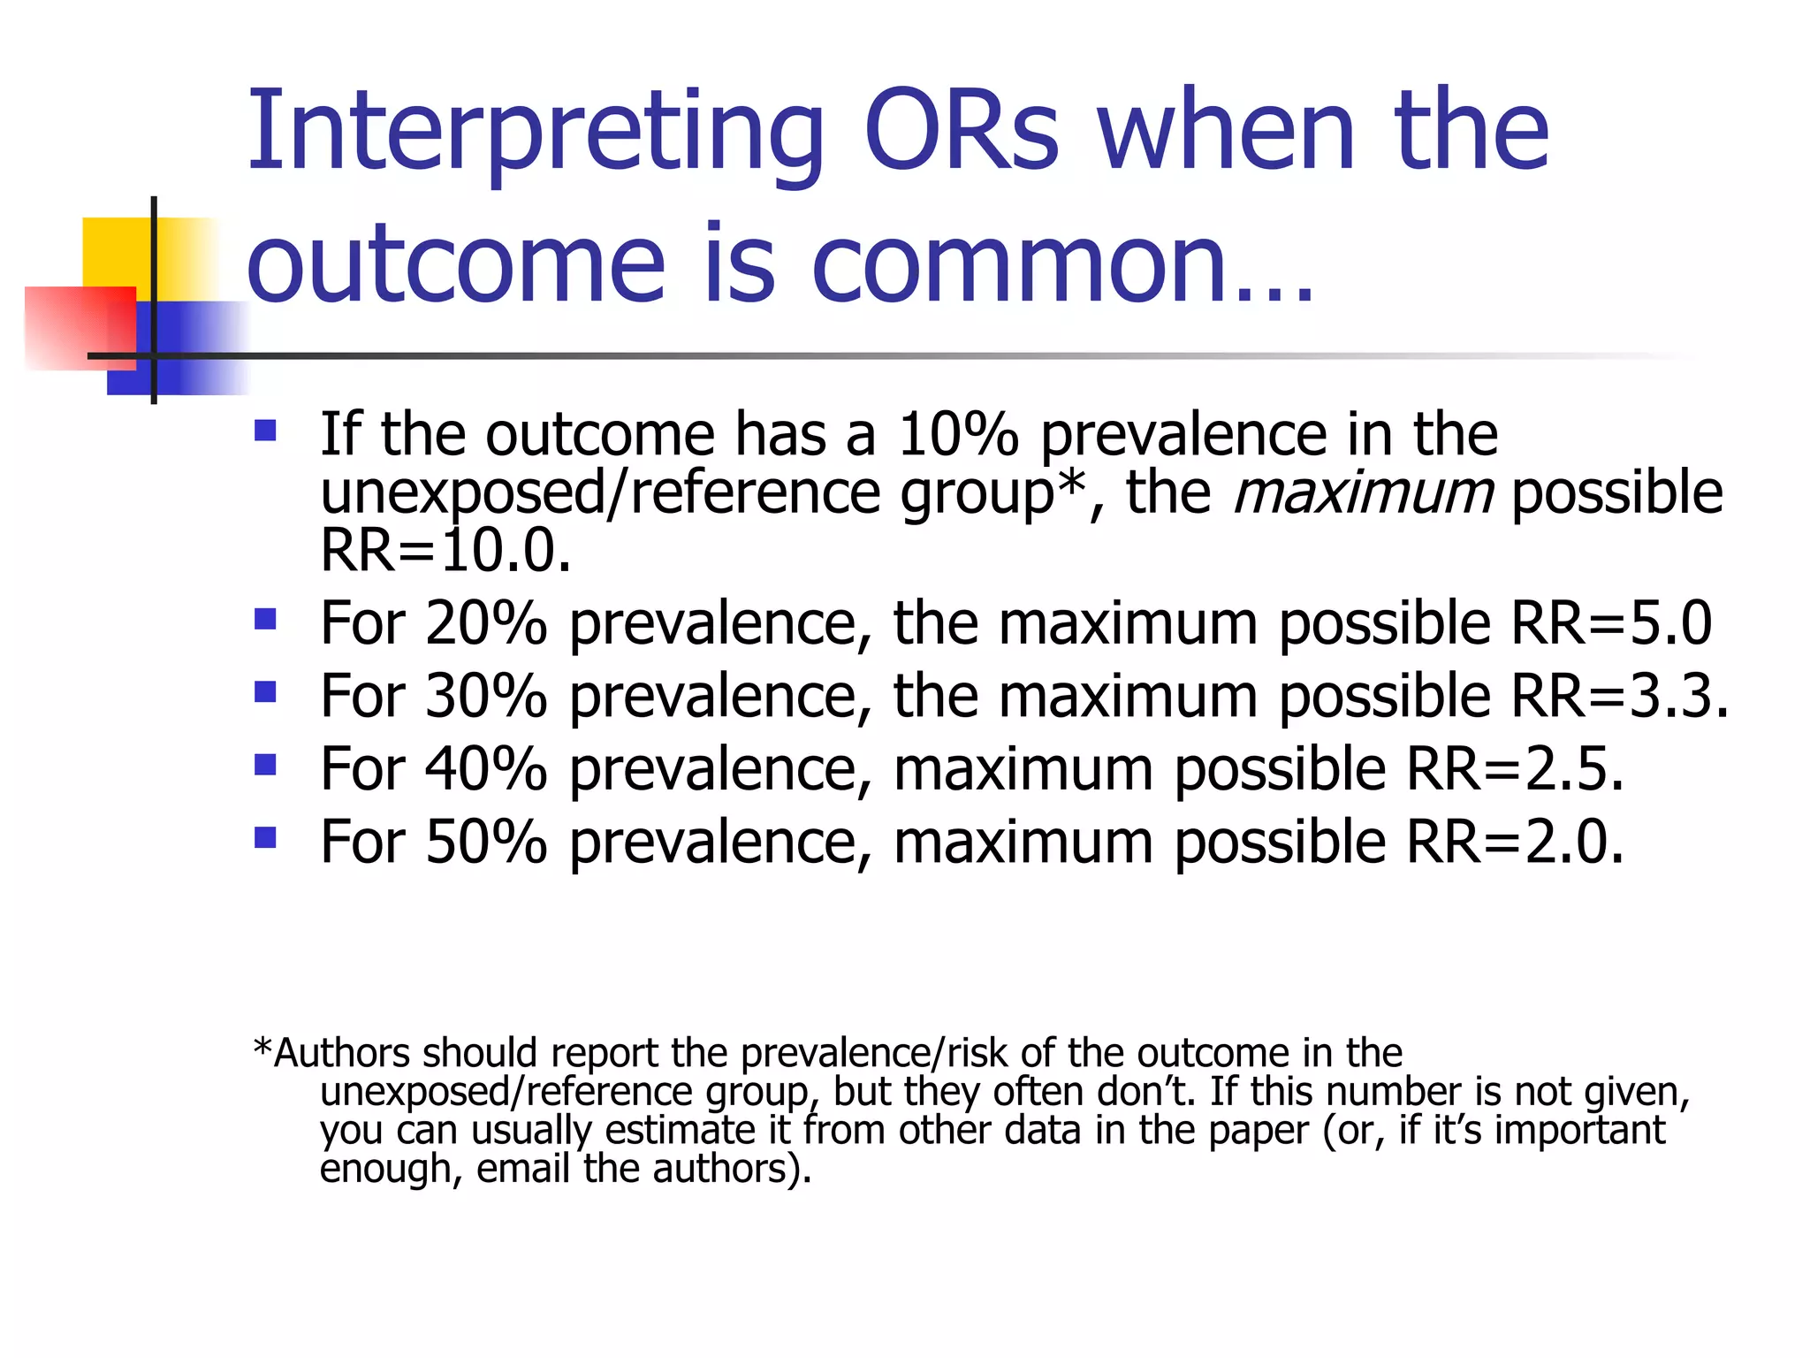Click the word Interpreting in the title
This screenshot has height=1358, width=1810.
(x=535, y=133)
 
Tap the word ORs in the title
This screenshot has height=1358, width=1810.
(x=961, y=133)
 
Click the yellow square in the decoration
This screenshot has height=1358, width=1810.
(x=115, y=252)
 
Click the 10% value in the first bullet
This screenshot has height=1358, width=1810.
(x=957, y=435)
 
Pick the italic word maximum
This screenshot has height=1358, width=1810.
(x=1362, y=492)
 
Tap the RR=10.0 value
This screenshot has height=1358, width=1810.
(x=445, y=551)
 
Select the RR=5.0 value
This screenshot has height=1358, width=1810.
(x=1611, y=623)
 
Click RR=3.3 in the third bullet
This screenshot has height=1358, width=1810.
(x=1617, y=696)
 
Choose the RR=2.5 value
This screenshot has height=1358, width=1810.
(x=1514, y=769)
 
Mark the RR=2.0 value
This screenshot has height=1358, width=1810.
(x=1514, y=842)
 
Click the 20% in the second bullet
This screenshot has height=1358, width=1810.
(x=486, y=623)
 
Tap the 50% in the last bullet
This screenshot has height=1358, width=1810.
(x=486, y=842)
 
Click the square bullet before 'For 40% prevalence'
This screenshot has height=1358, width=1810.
(x=265, y=764)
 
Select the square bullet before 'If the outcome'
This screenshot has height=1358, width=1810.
(x=265, y=431)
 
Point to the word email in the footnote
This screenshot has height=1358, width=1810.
(x=522, y=1169)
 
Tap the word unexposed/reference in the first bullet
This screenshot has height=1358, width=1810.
(x=600, y=493)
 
